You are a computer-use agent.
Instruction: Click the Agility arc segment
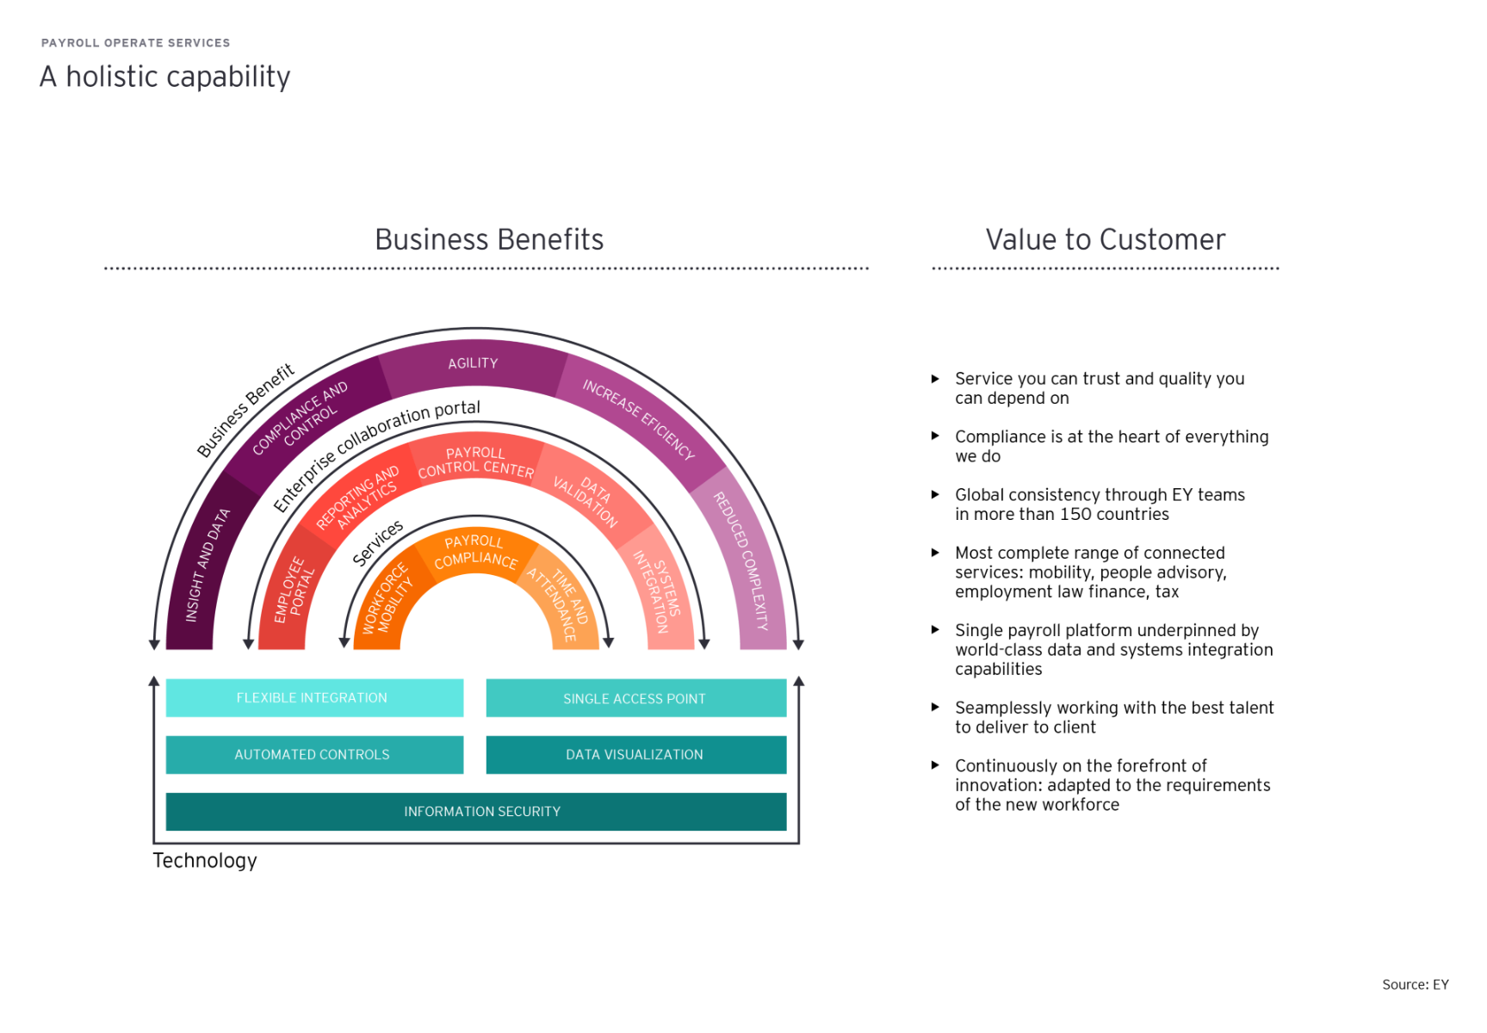(x=473, y=364)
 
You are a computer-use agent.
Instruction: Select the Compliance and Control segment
(x=300, y=417)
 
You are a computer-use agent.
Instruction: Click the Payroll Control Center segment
(x=475, y=461)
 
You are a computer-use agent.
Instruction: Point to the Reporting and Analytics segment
(x=358, y=498)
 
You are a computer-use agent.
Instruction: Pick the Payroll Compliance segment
(x=474, y=552)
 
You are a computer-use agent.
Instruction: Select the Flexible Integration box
(x=313, y=698)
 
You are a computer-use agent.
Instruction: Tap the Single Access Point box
(x=635, y=698)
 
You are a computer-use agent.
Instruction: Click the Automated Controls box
(x=313, y=755)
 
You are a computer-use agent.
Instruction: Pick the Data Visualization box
(x=635, y=755)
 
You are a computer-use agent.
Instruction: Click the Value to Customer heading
(x=1106, y=239)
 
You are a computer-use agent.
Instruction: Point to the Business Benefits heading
(x=489, y=239)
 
